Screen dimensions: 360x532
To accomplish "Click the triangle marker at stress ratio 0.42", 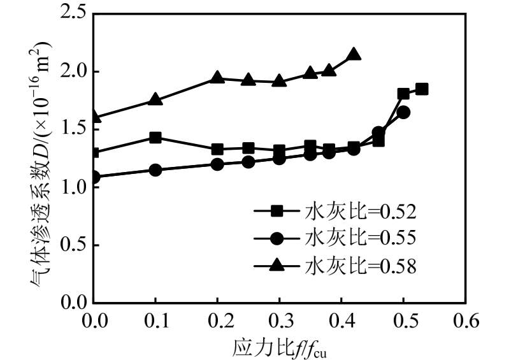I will click(354, 55).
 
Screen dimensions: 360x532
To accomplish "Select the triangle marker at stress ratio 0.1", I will click(155, 100).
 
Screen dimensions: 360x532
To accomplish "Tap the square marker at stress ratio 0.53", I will click(422, 89).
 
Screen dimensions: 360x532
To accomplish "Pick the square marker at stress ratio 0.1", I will click(155, 138).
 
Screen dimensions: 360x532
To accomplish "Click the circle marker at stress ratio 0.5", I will click(403, 113).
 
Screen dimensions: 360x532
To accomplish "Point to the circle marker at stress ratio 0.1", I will click(155, 170).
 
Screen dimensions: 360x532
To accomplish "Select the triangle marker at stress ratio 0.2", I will click(217, 78).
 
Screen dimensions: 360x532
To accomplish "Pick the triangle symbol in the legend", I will click(277, 266).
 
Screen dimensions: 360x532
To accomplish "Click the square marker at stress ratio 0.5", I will click(403, 94).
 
